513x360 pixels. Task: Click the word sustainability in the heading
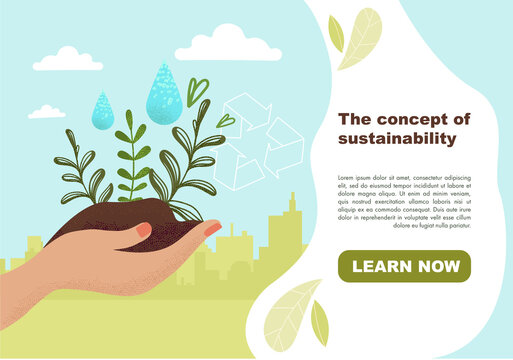pyautogui.click(x=398, y=139)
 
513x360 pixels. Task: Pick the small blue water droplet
pyautogui.click(x=102, y=110)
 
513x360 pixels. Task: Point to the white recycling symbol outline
pyautogui.click(x=262, y=140)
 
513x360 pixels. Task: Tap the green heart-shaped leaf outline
pyautogui.click(x=198, y=91)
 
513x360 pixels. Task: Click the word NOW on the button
pyautogui.click(x=436, y=267)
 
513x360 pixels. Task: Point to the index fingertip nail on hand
pyautogui.click(x=212, y=228)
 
